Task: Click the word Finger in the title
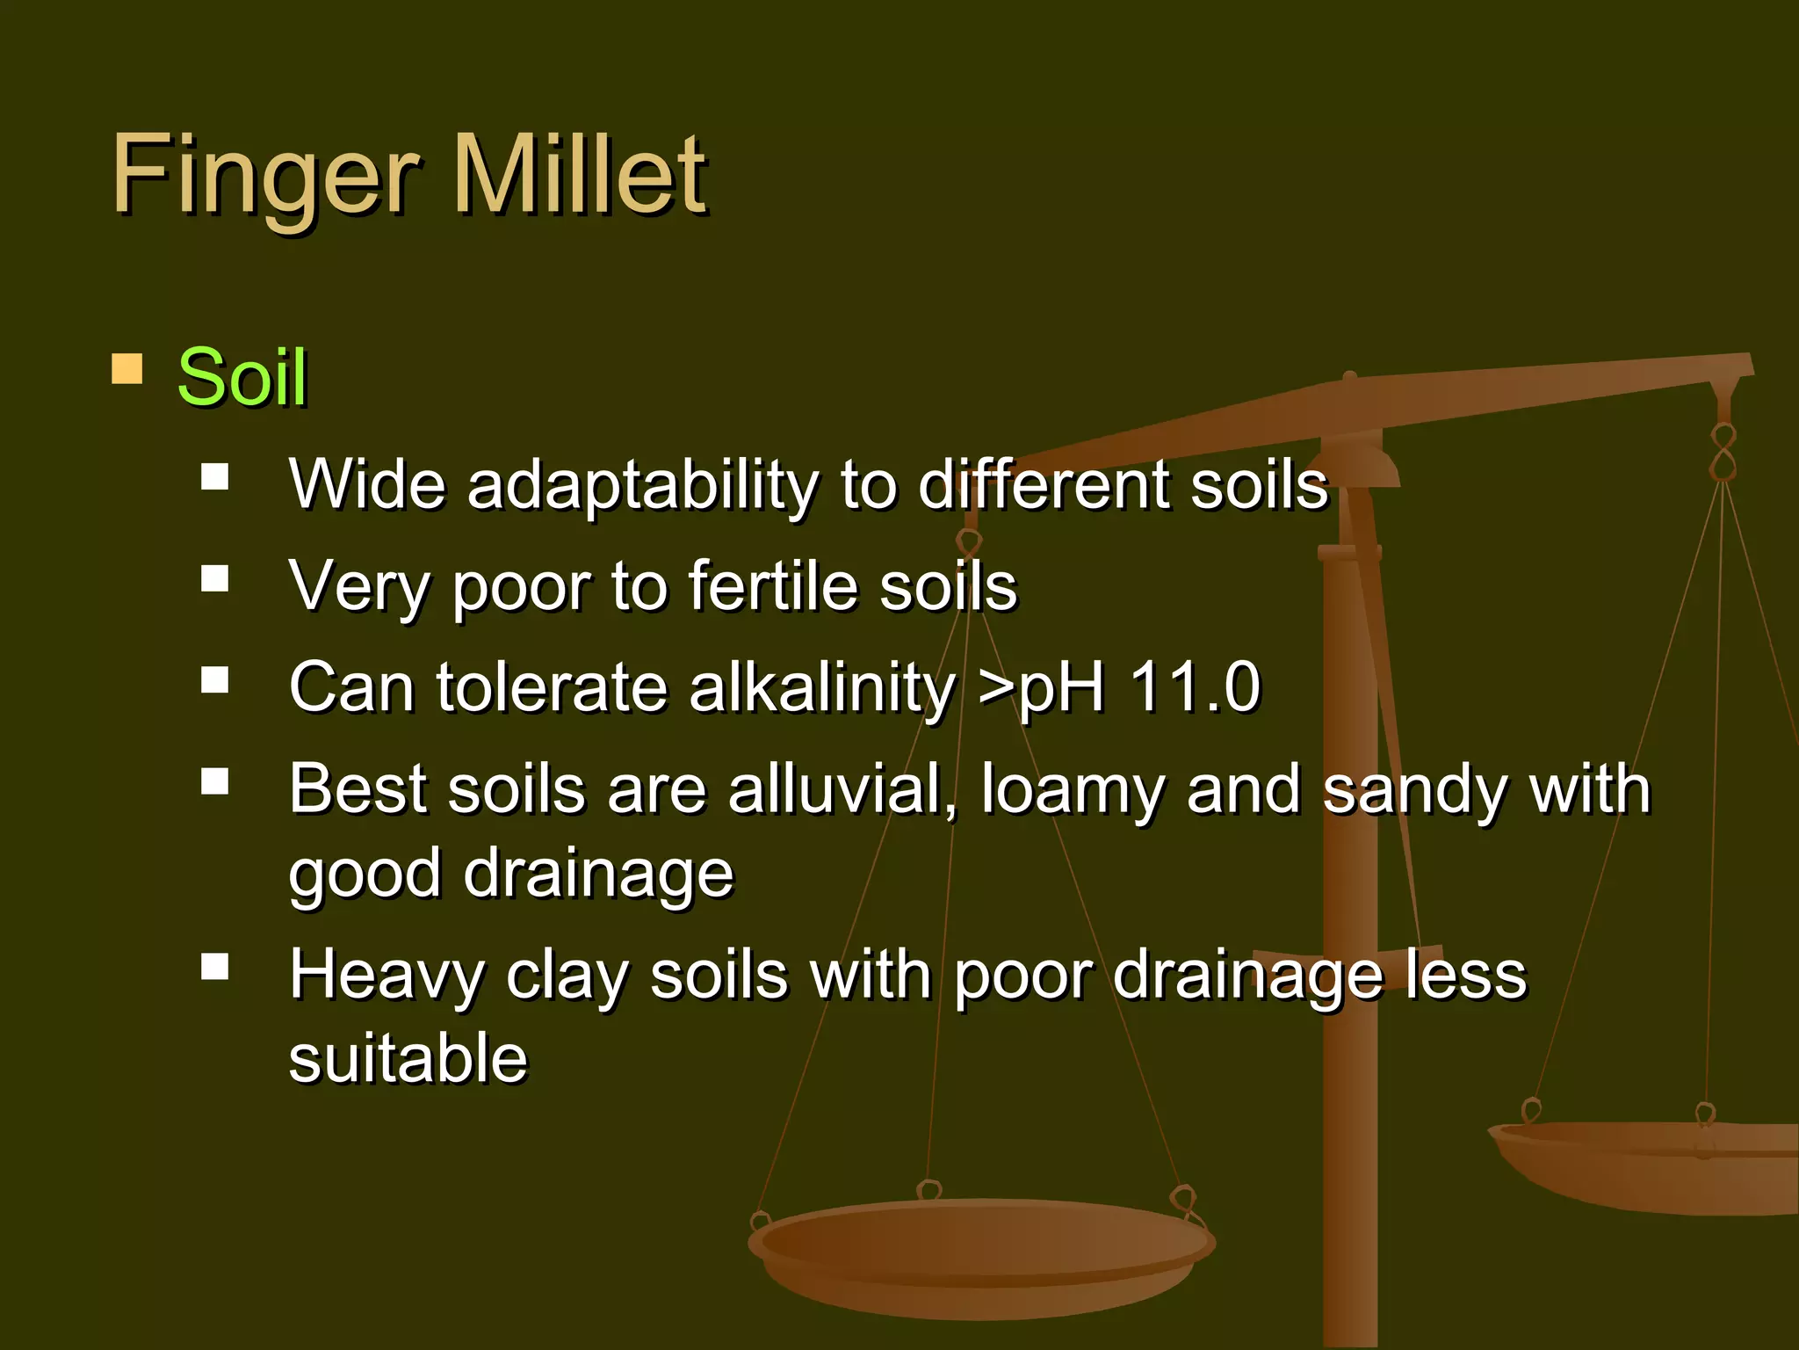(264, 176)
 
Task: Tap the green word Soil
(242, 377)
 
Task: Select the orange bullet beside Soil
(127, 369)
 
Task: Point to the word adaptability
(642, 486)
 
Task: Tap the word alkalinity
(822, 688)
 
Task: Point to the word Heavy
(386, 976)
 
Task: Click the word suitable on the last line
(408, 1058)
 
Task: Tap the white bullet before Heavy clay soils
(214, 967)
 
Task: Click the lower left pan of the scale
(979, 1257)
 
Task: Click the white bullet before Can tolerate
(214, 679)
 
